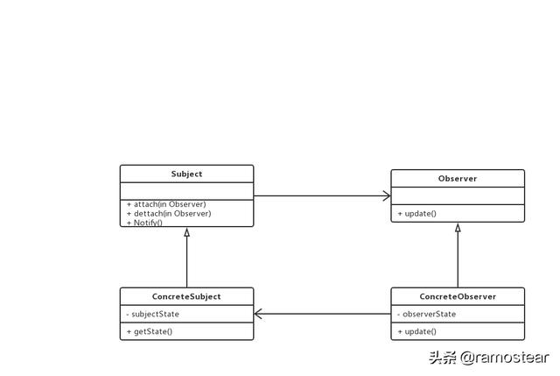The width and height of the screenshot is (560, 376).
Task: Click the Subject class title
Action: pyautogui.click(x=186, y=174)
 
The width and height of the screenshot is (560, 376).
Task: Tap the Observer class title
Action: pyautogui.click(x=458, y=179)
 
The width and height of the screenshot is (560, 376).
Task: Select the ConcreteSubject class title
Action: pyautogui.click(x=186, y=296)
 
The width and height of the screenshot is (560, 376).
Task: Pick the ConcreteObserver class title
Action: pyautogui.click(x=458, y=296)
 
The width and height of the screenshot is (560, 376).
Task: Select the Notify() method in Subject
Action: pyautogui.click(x=148, y=222)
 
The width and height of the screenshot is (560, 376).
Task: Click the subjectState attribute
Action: pyautogui.click(x=154, y=314)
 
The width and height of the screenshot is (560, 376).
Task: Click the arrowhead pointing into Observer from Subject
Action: pyautogui.click(x=386, y=196)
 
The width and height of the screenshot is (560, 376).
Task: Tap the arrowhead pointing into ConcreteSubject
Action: pyautogui.click(x=259, y=314)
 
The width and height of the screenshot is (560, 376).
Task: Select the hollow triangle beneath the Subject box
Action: pyautogui.click(x=186, y=232)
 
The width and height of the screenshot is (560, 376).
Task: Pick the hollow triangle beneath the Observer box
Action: pyautogui.click(x=458, y=228)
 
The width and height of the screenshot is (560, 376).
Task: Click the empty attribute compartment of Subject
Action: pyautogui.click(x=186, y=190)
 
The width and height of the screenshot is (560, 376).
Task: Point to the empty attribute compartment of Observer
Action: pyautogui.click(x=458, y=196)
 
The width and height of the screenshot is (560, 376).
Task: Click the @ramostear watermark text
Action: pyautogui.click(x=506, y=357)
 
